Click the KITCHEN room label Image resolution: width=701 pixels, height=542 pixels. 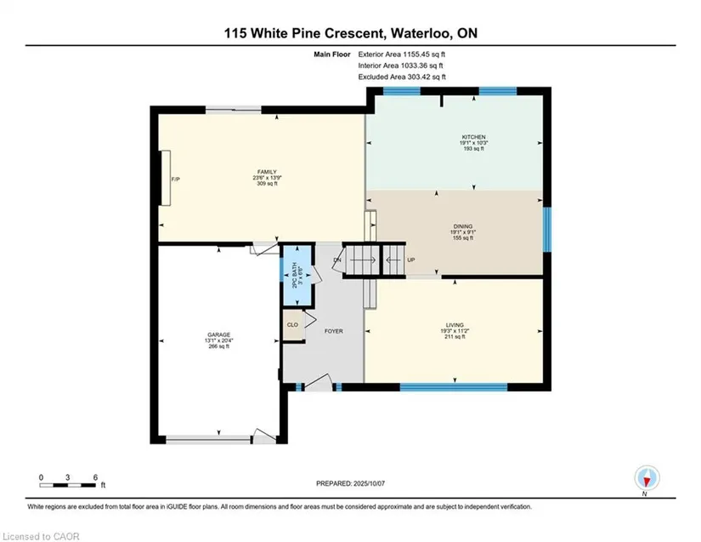click(x=473, y=137)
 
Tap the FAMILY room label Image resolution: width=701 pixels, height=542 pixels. click(x=267, y=172)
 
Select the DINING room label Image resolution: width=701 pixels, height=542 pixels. click(x=462, y=226)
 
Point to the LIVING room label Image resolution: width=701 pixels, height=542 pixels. click(x=455, y=325)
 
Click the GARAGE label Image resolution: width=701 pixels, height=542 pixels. click(x=218, y=334)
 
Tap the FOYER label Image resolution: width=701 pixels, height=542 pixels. click(x=334, y=331)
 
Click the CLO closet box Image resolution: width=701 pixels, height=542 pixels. click(x=293, y=324)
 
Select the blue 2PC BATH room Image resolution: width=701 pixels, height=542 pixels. click(x=296, y=275)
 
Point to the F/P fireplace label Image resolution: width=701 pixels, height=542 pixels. click(x=176, y=180)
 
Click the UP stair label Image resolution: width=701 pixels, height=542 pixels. click(x=411, y=260)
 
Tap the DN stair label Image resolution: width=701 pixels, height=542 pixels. click(x=337, y=260)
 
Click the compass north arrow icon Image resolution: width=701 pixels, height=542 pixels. click(x=647, y=478)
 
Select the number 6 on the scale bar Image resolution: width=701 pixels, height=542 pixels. click(x=95, y=477)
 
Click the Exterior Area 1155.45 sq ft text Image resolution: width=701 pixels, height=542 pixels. click(x=401, y=54)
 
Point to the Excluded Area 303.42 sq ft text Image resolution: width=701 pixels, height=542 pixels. click(x=402, y=77)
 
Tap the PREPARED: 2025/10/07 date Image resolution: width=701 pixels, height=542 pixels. click(x=350, y=483)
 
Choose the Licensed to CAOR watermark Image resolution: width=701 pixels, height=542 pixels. click(x=41, y=536)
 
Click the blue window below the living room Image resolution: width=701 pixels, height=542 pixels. click(x=454, y=387)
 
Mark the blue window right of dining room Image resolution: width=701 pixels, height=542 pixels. click(x=546, y=229)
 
